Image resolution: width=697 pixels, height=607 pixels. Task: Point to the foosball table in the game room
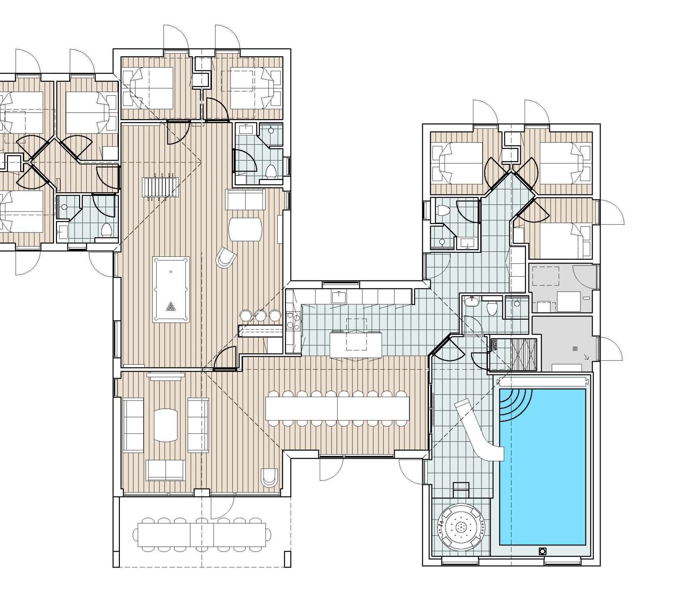[161, 187]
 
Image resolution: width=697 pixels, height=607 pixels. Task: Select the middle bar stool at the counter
[260, 316]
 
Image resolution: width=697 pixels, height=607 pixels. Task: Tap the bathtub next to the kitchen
[471, 301]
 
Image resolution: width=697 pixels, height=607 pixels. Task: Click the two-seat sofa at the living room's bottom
[166, 470]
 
